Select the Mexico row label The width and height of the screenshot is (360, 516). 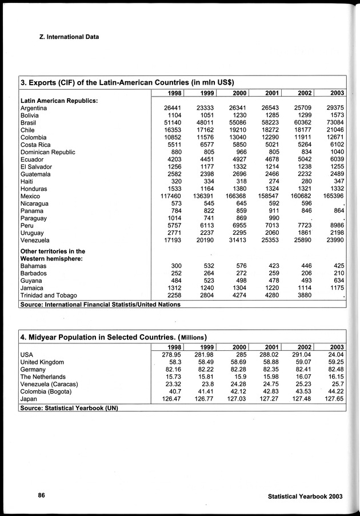(31, 196)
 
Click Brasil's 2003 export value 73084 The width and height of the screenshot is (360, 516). (332, 123)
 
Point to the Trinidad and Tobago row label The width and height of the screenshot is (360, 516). (49, 296)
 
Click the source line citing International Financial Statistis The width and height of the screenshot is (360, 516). (100, 305)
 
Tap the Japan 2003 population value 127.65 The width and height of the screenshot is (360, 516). (330, 399)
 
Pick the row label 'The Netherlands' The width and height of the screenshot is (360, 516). (43, 377)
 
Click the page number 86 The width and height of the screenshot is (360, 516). (42, 495)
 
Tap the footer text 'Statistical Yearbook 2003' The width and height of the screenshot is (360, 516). (305, 496)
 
